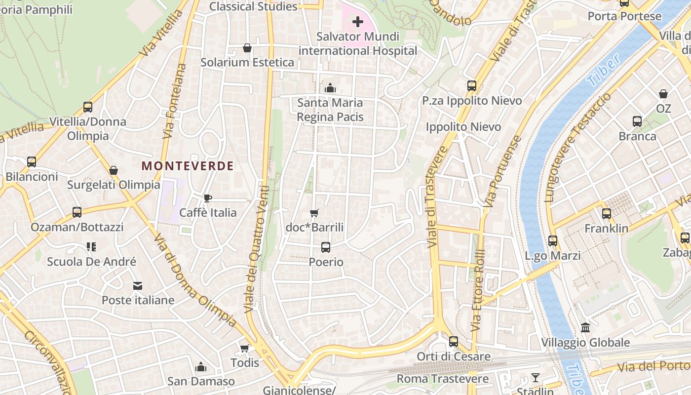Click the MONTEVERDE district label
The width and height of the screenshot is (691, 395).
[x=188, y=166]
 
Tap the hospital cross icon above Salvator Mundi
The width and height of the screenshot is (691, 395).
[x=358, y=22]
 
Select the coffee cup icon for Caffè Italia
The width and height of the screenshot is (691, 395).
[x=208, y=198]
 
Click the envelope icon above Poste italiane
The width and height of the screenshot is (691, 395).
[x=138, y=285]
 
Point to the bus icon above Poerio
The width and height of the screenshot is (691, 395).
[x=326, y=247]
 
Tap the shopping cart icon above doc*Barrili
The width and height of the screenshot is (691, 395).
[x=314, y=213]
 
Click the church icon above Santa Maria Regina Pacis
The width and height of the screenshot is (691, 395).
[x=330, y=88]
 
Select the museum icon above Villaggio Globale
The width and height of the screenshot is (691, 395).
[x=585, y=327]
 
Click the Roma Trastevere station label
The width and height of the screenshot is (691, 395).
[x=443, y=379]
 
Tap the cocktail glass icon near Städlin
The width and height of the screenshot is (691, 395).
[x=536, y=378]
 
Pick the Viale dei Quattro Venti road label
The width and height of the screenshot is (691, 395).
[x=257, y=249]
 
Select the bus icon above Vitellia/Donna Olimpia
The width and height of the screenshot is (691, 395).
[x=88, y=107]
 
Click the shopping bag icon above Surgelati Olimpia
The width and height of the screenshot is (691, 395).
[x=114, y=170]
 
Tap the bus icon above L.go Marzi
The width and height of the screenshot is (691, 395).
[x=553, y=241]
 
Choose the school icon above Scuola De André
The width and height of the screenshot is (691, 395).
[x=91, y=246]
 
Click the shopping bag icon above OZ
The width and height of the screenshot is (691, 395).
[x=663, y=93]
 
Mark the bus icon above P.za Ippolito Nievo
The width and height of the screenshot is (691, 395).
[x=472, y=86]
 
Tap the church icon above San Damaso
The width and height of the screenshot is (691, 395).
[x=201, y=367]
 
